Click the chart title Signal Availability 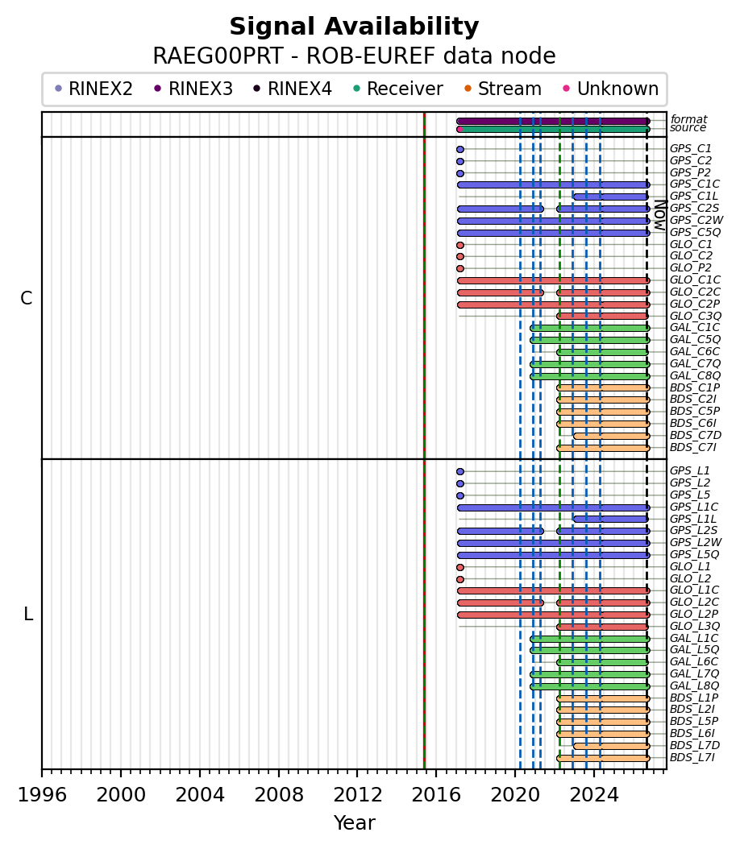[355, 27]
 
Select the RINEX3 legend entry [193, 89]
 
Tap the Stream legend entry [503, 89]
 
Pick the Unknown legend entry [610, 89]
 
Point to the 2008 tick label [278, 795]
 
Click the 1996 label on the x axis [42, 795]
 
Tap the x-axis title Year [355, 823]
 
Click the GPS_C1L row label [694, 196]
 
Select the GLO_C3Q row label [696, 316]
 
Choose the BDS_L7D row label [695, 746]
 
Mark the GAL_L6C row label [694, 661]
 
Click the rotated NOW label [660, 215]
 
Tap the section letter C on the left [26, 298]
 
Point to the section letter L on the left [28, 614]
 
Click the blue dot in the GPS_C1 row [460, 150]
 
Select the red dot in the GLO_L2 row [460, 579]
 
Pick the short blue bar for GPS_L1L [610, 519]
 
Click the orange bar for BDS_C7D [611, 436]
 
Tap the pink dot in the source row [460, 130]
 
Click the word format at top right [688, 119]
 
